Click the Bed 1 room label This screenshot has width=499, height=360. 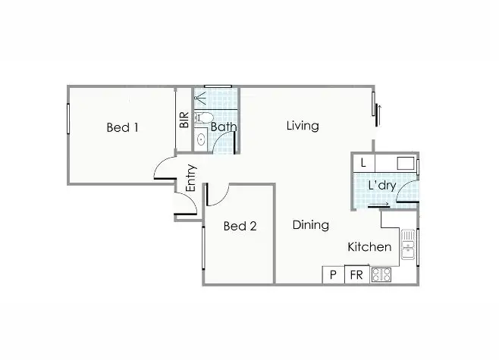point(122,127)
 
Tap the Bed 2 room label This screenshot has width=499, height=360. point(240,226)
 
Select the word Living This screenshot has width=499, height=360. point(302,126)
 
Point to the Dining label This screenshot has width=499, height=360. point(311,225)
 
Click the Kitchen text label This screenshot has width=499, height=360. point(369,247)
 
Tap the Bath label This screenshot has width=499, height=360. point(224,127)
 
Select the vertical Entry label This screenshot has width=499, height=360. point(191,178)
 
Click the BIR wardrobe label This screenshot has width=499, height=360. point(184,121)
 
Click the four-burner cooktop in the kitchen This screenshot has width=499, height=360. point(381,276)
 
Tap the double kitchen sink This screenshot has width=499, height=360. point(409,245)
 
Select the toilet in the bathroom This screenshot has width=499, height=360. point(202,117)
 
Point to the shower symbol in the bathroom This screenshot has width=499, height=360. point(201,98)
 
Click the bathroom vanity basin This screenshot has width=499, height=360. point(201,139)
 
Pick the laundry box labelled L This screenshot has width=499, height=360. point(364,163)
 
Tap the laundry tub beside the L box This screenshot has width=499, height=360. point(405,163)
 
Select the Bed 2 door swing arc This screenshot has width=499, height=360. point(215,196)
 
